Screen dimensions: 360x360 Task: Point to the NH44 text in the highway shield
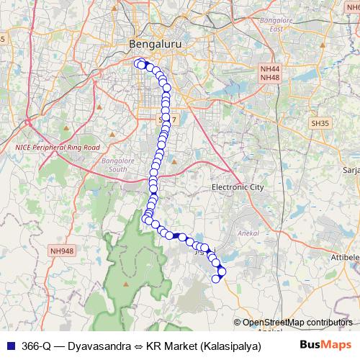[270, 68]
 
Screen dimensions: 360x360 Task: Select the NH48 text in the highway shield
[270, 77]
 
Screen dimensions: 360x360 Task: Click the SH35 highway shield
[320, 123]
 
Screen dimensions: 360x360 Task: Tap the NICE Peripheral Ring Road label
[58, 147]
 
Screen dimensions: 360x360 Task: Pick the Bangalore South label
[114, 164]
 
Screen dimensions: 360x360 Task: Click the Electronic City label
[238, 187]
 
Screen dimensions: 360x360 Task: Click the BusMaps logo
[325, 344]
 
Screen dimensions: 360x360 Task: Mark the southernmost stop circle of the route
[215, 279]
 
